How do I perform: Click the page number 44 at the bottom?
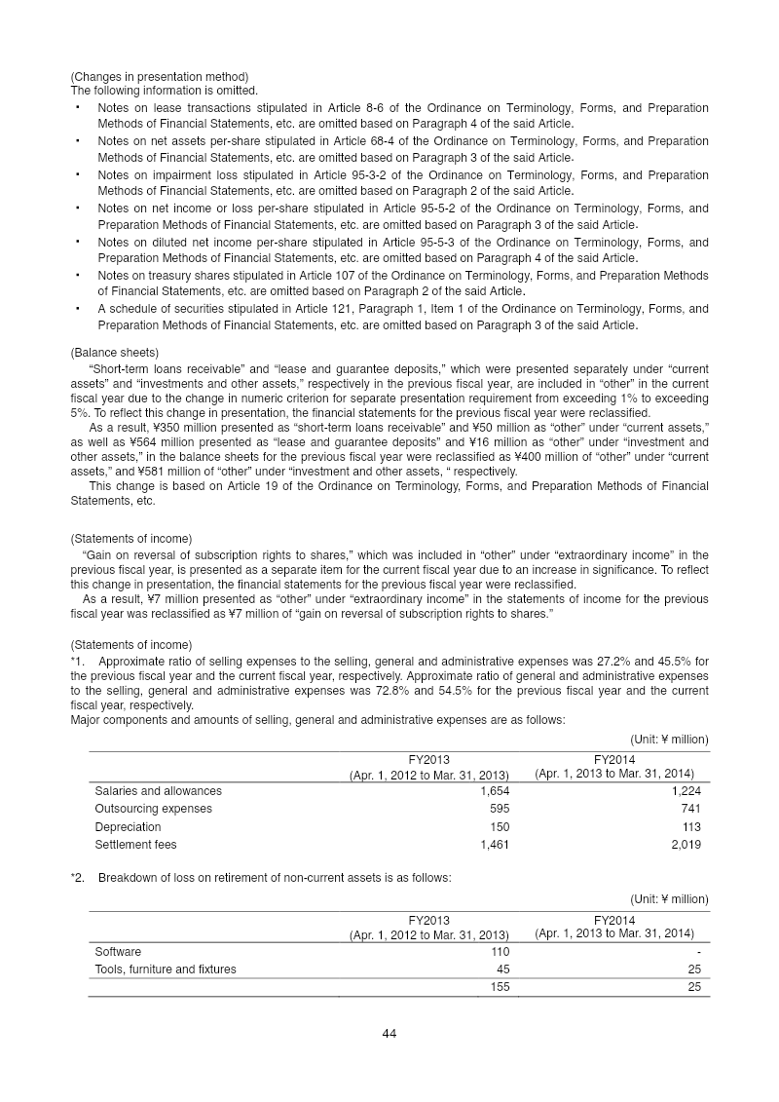(389, 1033)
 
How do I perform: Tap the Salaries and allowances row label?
(158, 790)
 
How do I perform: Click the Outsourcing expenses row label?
(153, 809)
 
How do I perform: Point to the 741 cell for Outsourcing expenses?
(690, 809)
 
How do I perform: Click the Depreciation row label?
(128, 826)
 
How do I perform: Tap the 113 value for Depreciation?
(690, 826)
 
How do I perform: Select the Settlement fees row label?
(135, 844)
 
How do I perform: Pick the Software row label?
(117, 951)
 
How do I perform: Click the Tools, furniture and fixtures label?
(165, 969)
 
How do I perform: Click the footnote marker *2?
(78, 878)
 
